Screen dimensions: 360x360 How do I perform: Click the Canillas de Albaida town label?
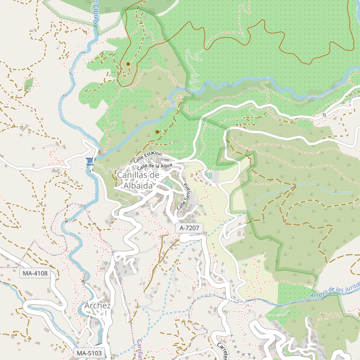tap(138, 180)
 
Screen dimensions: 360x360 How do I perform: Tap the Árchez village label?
tap(98, 305)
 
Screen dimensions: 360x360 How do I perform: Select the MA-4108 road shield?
tap(34, 274)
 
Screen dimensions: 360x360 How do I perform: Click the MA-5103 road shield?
tap(89, 353)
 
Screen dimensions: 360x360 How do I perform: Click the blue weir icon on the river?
tap(89, 161)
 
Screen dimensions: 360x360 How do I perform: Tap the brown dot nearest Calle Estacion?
tap(157, 131)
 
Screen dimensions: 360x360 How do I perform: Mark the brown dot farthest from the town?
tap(128, 64)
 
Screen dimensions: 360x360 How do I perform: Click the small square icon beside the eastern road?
tap(324, 114)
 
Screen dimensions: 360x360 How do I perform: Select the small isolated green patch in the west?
tap(28, 84)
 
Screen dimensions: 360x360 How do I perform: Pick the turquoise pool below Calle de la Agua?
tap(209, 175)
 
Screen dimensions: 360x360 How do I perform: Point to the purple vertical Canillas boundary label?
tap(139, 348)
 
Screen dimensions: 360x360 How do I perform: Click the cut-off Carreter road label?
tap(221, 351)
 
